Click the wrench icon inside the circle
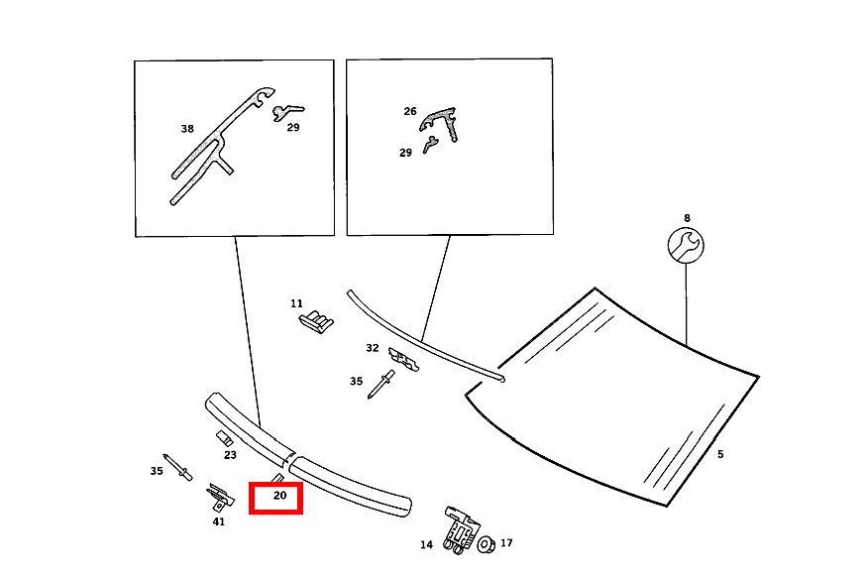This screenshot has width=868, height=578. point(686,246)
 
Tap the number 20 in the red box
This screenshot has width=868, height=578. point(280,495)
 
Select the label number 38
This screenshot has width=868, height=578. point(187,129)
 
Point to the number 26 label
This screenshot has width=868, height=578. point(410,111)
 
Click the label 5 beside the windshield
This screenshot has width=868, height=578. point(720,454)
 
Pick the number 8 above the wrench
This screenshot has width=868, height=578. point(687,218)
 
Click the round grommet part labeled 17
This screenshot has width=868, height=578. point(487,544)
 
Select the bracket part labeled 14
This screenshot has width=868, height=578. point(461,529)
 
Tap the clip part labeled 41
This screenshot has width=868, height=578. point(220,497)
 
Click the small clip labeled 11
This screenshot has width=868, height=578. point(317,321)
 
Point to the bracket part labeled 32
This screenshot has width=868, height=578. point(404,359)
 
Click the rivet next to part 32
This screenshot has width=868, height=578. point(381,385)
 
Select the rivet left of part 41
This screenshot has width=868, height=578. point(177,467)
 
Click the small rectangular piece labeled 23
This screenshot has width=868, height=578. point(224,438)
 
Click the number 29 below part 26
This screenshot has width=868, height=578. point(406,153)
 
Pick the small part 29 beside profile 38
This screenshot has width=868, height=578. point(287,112)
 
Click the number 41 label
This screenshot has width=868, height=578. point(219,521)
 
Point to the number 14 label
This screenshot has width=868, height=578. point(426,544)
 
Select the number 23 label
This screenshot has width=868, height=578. point(230,455)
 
